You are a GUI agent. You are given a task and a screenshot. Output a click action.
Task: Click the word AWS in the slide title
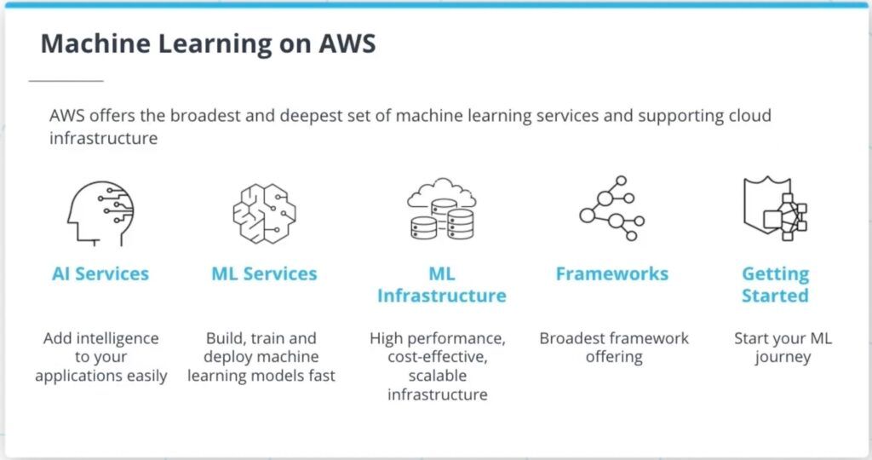click(x=347, y=43)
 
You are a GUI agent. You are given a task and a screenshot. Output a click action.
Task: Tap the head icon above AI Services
click(x=100, y=213)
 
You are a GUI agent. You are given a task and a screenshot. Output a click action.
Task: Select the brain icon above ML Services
click(x=264, y=214)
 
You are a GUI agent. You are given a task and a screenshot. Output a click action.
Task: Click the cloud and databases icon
click(x=442, y=210)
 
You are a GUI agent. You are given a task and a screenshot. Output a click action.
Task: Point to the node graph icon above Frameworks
click(x=611, y=208)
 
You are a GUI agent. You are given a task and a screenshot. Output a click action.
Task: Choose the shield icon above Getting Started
click(x=775, y=208)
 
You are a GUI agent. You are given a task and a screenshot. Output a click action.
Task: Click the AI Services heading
click(x=100, y=273)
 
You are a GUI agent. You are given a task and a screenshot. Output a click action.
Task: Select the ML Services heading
click(x=264, y=273)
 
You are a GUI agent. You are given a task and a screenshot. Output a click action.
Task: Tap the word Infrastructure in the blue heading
click(x=442, y=296)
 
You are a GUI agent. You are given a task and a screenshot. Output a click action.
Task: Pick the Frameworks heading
click(x=611, y=273)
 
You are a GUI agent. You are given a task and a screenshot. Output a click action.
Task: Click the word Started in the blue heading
click(x=775, y=296)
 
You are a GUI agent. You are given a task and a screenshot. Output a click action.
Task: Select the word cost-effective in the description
click(x=438, y=357)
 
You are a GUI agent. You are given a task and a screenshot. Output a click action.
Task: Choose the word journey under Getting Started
click(x=783, y=357)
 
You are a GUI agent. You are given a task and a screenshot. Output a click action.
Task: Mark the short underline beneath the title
click(x=66, y=81)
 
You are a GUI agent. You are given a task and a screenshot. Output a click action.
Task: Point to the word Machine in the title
click(x=95, y=43)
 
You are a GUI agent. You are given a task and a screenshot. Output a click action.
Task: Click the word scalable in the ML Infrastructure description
click(x=438, y=376)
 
